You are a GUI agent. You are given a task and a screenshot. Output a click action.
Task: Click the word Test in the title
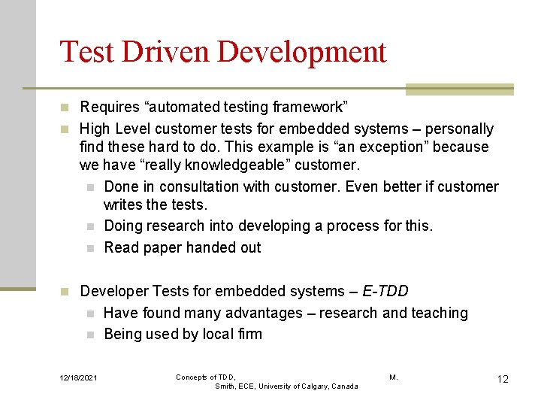(88, 52)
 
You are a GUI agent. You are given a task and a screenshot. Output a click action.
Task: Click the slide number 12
(503, 379)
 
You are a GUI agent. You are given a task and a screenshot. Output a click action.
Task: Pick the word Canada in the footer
(343, 386)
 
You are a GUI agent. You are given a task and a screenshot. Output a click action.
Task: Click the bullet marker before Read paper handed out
(89, 248)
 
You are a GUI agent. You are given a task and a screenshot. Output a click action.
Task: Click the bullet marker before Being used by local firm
(89, 335)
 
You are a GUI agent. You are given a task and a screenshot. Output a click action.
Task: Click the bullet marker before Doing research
(89, 226)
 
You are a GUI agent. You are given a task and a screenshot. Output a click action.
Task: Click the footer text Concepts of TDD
(206, 377)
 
